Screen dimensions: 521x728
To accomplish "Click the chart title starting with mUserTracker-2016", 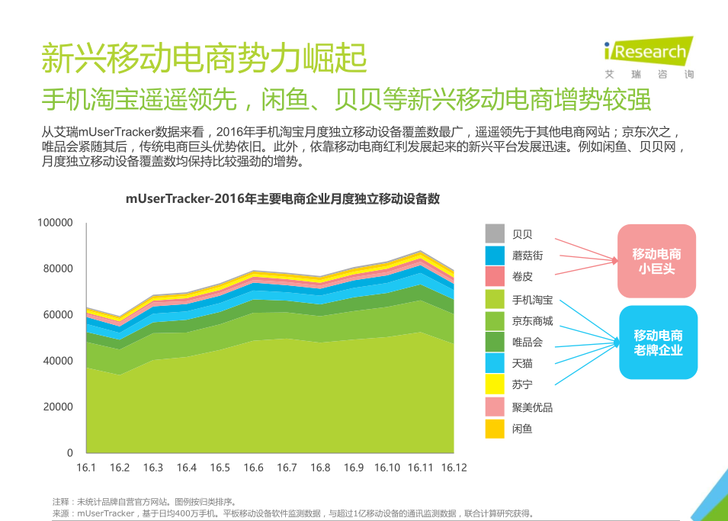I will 283,199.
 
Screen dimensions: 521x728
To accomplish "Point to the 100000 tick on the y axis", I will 56,223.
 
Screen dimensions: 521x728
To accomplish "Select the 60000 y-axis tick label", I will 58,315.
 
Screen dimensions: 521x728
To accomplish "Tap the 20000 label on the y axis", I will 58,407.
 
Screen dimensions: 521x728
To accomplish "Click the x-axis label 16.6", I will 253,468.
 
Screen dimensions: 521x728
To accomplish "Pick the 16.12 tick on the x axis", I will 454,468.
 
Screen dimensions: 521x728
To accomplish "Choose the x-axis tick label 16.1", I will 86,468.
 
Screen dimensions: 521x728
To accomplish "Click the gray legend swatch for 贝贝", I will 495,233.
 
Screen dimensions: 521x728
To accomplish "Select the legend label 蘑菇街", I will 528,256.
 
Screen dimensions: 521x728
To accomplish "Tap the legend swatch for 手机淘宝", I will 495,299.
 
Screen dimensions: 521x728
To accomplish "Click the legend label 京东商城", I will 532,321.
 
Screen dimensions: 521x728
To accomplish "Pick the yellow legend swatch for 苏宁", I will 495,385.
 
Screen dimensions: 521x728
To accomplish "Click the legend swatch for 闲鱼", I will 495,429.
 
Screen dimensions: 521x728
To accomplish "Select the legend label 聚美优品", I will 532,407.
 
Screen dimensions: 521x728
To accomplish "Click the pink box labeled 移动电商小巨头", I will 656,261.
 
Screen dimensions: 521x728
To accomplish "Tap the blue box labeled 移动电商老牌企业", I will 658,343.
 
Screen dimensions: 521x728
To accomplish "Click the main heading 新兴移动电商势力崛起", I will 204,59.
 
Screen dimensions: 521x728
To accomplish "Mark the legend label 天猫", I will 522,364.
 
